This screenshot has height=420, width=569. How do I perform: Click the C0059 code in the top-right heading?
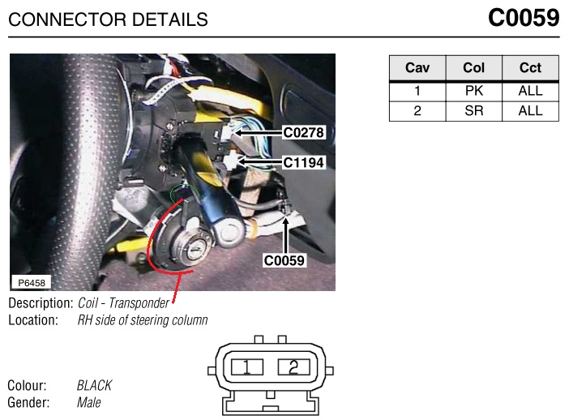[x=524, y=17]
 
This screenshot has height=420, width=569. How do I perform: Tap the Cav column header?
[x=417, y=67]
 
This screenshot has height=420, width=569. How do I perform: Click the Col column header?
[x=473, y=67]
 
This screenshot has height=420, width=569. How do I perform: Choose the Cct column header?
[x=530, y=67]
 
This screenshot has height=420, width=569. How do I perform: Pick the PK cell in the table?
[x=474, y=91]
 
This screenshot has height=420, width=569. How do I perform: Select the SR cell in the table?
[x=474, y=110]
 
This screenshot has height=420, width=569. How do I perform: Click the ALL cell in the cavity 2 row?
[x=530, y=110]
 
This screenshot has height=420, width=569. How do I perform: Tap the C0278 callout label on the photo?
[x=303, y=132]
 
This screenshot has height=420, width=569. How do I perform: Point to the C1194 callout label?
[x=303, y=162]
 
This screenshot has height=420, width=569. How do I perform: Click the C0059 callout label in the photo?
[x=284, y=260]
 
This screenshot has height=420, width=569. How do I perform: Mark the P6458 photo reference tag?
[x=32, y=283]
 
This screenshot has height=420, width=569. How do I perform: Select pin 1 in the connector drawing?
[x=246, y=367]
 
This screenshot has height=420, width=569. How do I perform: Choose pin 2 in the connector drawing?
[x=293, y=367]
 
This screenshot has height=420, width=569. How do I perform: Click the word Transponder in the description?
[x=139, y=303]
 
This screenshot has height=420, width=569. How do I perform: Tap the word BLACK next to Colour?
[x=94, y=385]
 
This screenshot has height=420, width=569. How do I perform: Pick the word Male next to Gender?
[x=89, y=402]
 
